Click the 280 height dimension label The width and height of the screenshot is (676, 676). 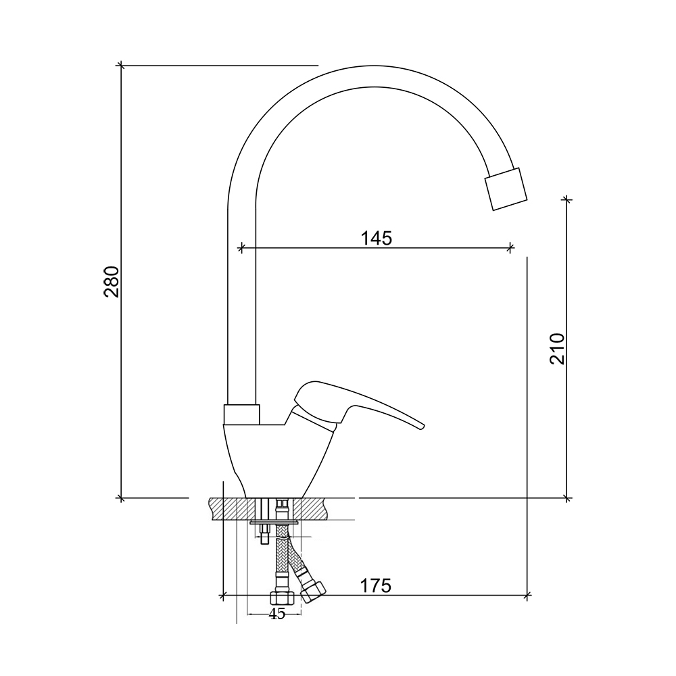pyautogui.click(x=112, y=282)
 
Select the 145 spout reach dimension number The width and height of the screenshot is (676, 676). pyautogui.click(x=377, y=238)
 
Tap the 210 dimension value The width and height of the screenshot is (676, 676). pyautogui.click(x=557, y=349)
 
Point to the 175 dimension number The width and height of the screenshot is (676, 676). pyautogui.click(x=375, y=586)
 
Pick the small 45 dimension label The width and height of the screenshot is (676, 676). pyautogui.click(x=277, y=614)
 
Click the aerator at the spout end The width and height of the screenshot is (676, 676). pyautogui.click(x=506, y=189)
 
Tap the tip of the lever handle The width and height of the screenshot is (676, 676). pyautogui.click(x=423, y=427)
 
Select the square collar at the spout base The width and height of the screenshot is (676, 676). pyautogui.click(x=242, y=414)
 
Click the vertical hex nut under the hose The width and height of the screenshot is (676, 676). pyautogui.click(x=282, y=598)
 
